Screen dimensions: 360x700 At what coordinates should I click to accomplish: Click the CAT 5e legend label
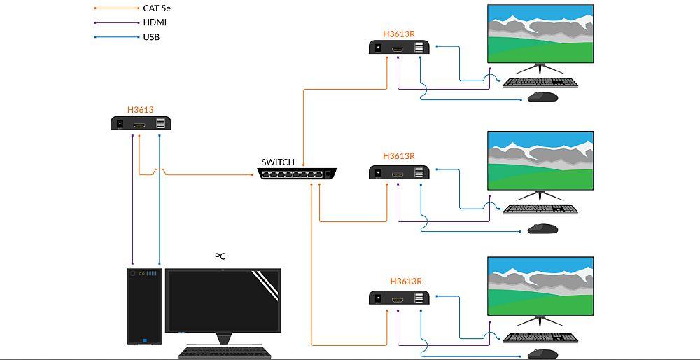[157, 8]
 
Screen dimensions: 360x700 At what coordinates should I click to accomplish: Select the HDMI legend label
[155, 22]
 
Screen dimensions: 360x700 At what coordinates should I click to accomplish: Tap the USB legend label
[151, 36]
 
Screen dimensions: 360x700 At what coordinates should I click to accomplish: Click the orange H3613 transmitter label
[140, 110]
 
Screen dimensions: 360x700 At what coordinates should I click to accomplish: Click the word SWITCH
[278, 162]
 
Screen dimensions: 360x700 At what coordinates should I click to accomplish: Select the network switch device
[297, 173]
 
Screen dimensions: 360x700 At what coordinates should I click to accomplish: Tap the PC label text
[220, 256]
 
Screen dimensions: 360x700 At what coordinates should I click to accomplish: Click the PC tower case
[144, 306]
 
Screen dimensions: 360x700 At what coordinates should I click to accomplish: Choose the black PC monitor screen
[223, 300]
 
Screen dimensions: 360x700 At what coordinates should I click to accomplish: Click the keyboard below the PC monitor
[223, 352]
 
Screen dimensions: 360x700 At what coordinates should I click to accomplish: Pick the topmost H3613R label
[399, 34]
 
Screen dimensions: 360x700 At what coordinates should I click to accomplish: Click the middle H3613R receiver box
[399, 172]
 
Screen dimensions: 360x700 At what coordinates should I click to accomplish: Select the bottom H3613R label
[406, 282]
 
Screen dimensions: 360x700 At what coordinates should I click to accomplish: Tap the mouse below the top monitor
[542, 97]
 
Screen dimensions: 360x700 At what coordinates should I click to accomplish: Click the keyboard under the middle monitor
[540, 209]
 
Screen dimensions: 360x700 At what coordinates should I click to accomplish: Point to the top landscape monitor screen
[540, 34]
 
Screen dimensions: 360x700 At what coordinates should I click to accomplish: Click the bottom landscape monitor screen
[540, 286]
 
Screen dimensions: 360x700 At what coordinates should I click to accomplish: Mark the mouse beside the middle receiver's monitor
[542, 228]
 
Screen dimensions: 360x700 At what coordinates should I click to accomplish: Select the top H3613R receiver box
[399, 48]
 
